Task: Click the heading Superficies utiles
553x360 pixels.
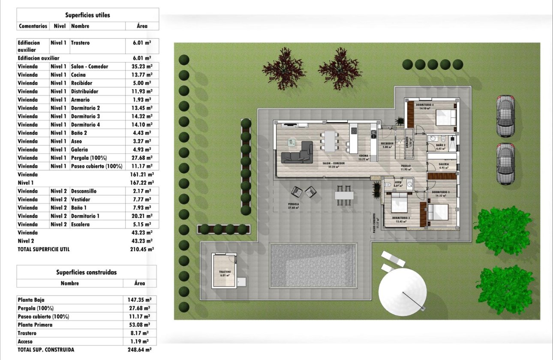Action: coord(87,15)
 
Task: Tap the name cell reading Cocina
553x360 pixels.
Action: coord(78,75)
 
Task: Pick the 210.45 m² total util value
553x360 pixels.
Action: coord(141,249)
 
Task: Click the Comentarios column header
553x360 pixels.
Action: coord(33,26)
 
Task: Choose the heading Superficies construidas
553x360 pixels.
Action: coord(86,272)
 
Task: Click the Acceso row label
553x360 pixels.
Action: coord(25,342)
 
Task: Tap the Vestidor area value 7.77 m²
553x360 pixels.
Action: coord(142,199)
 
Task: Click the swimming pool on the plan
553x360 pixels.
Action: coord(313,266)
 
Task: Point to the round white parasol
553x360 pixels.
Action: coord(402,291)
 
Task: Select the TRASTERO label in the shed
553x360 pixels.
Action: coord(225,272)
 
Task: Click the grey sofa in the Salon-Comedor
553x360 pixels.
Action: coord(297,153)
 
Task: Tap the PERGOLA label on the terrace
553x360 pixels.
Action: coord(293,204)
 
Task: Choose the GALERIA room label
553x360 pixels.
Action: coord(443,164)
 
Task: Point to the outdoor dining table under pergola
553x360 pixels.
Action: coord(344,195)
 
